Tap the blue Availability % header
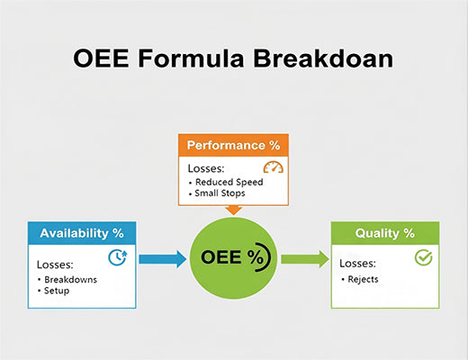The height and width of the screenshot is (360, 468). click(81, 232)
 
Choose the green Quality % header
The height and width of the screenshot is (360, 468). click(384, 232)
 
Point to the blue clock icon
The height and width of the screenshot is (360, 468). click(117, 257)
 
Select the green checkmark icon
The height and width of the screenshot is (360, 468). click(422, 257)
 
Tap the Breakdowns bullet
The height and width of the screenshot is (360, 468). click(68, 280)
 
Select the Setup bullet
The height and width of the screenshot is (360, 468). click(57, 292)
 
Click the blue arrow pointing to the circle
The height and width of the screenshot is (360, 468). click(161, 259)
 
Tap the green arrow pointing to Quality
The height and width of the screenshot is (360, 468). click(305, 259)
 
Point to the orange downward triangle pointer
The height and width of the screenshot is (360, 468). click(233, 210)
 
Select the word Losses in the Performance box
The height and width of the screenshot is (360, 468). click(207, 167)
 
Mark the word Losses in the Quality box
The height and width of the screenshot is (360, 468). click(359, 265)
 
